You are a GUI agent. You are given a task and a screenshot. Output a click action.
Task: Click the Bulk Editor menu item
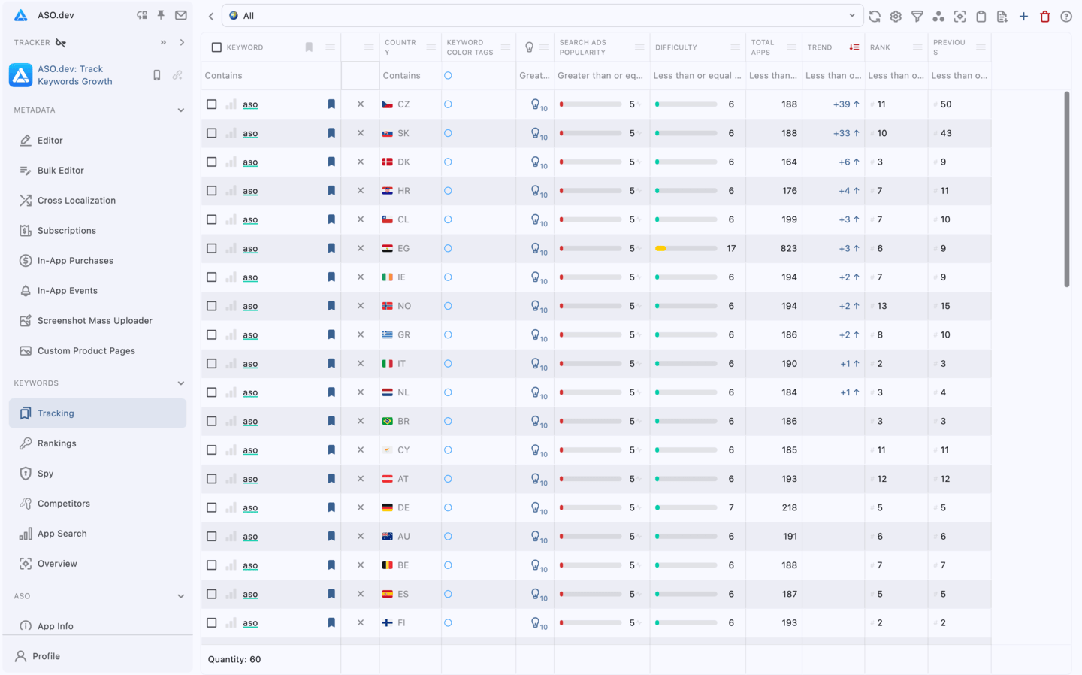click(60, 171)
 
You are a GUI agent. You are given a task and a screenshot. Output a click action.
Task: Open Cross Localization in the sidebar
click(76, 201)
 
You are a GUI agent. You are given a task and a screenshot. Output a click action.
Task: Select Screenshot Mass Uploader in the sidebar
click(95, 321)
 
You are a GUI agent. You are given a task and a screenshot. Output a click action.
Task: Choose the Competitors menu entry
click(63, 504)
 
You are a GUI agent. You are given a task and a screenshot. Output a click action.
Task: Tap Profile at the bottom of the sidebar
click(46, 656)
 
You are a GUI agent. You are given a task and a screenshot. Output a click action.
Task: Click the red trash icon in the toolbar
click(1044, 16)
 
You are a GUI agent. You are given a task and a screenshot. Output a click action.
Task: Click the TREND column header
click(820, 47)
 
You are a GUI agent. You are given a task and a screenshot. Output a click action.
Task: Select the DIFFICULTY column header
click(675, 47)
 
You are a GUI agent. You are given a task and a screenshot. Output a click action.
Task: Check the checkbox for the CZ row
click(212, 104)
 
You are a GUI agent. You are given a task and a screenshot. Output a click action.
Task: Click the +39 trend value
click(841, 104)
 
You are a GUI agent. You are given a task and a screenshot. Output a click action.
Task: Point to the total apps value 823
click(788, 248)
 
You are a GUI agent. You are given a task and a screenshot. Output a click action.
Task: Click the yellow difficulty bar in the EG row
click(661, 248)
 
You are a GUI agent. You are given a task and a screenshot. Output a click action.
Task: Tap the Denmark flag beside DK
click(388, 162)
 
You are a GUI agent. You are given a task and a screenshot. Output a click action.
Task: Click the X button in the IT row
click(361, 364)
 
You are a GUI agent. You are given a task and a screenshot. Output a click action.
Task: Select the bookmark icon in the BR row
click(331, 422)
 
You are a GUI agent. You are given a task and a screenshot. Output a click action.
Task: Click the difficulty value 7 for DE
click(731, 508)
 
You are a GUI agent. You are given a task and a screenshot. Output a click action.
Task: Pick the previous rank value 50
click(946, 104)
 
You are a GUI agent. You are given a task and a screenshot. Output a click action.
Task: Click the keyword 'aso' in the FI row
click(250, 623)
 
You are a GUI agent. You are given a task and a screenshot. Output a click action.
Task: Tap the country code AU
click(403, 537)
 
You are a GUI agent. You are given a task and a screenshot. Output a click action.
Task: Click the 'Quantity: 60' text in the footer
click(234, 659)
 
